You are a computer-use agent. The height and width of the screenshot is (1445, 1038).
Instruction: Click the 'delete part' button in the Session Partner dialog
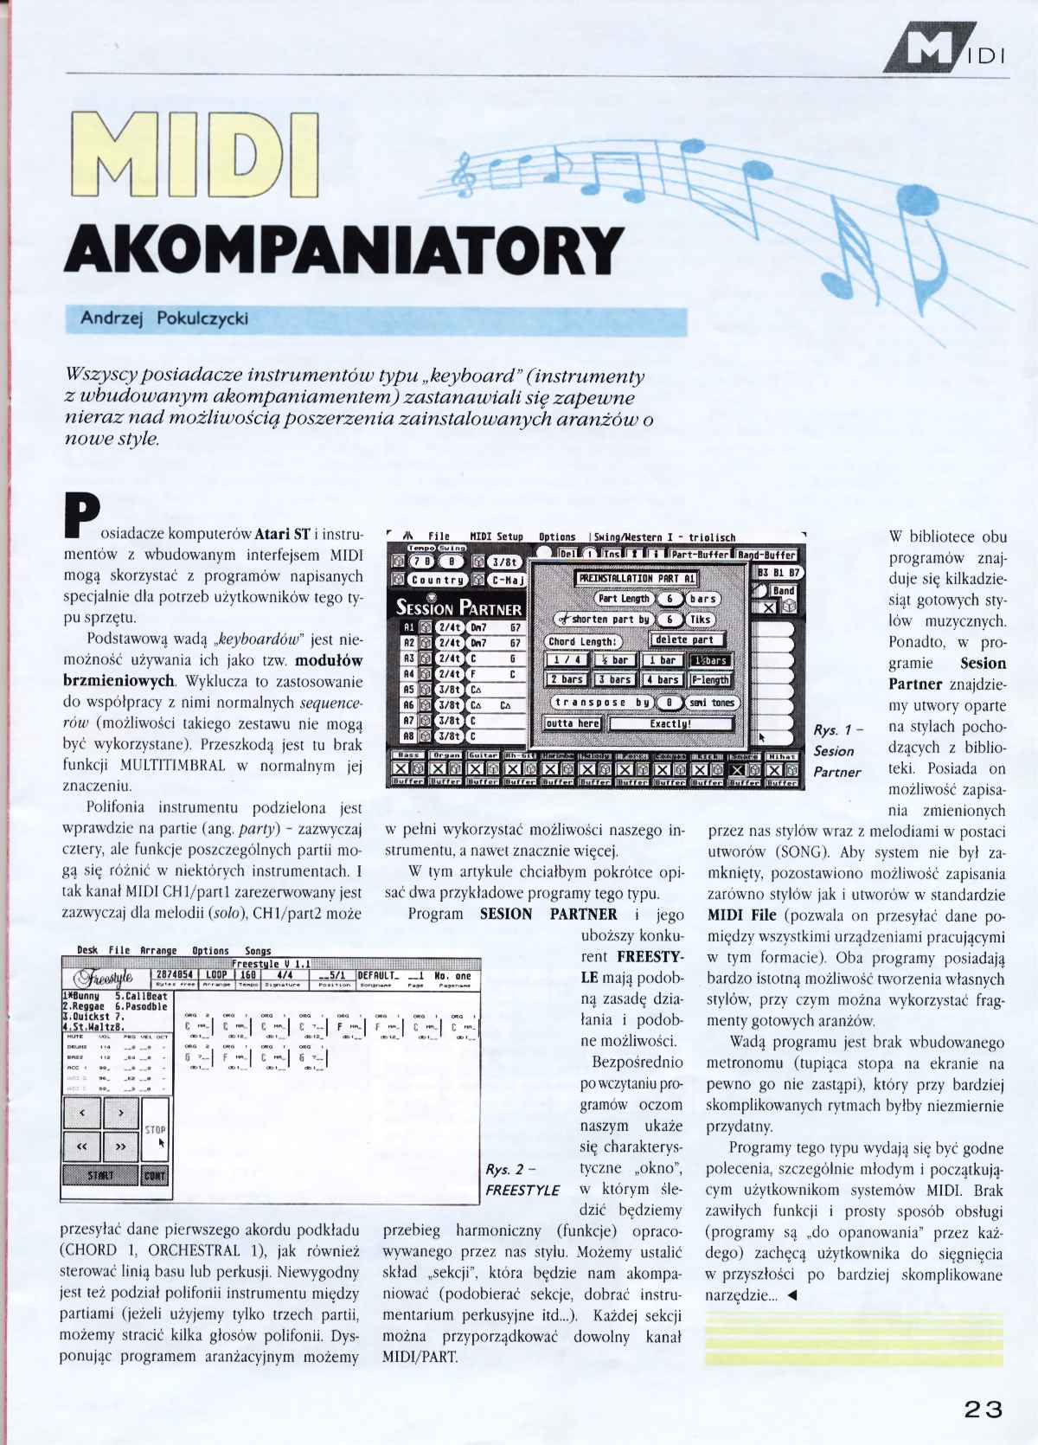pos(684,639)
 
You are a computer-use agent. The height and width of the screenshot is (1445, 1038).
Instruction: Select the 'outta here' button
pos(573,723)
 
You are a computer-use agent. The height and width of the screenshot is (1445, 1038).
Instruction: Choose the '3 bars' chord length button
pos(615,679)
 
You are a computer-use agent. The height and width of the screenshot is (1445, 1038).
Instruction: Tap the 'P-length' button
pos(710,679)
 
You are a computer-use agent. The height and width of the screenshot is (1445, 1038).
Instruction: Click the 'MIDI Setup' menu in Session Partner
pos(496,536)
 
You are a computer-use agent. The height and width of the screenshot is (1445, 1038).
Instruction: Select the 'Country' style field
pos(438,581)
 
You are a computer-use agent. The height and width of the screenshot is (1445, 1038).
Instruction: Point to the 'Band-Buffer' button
pos(767,554)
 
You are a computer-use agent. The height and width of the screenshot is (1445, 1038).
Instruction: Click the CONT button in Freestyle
pos(156,1175)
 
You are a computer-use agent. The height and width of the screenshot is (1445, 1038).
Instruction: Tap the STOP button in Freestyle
pos(156,1129)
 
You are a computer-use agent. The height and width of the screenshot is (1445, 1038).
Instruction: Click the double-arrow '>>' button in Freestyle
pos(121,1146)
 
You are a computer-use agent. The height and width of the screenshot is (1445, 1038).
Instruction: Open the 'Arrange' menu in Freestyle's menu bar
pos(157,949)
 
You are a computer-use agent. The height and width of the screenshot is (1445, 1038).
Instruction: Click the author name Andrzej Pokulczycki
pos(164,318)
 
